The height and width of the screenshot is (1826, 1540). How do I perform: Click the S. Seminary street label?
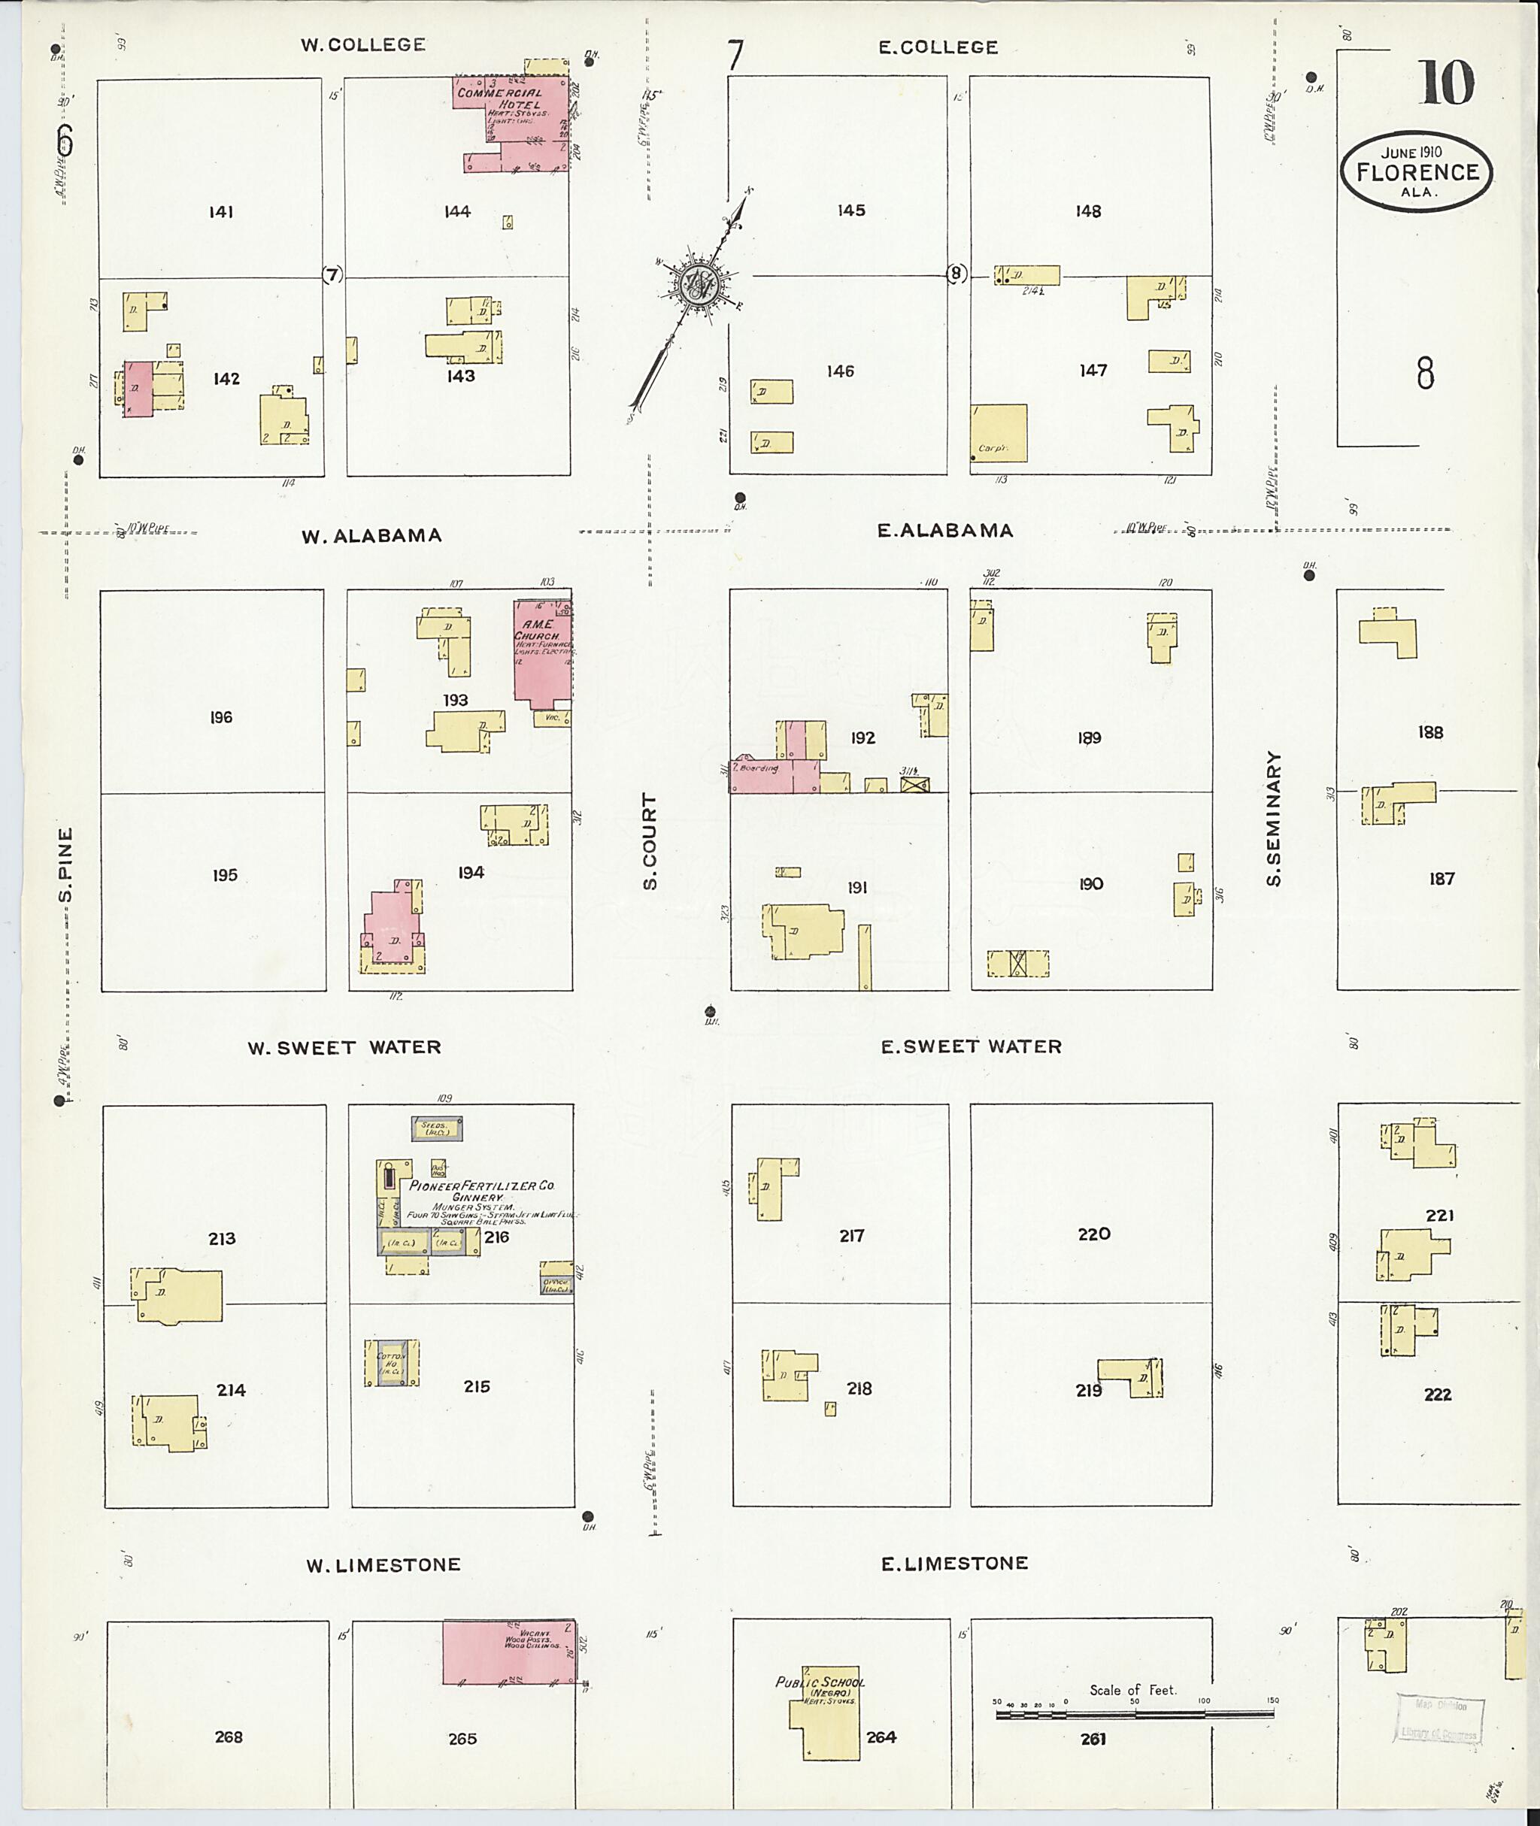1274,819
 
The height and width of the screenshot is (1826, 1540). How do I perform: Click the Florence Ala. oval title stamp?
1417,173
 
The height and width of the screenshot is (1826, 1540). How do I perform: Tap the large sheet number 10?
1446,83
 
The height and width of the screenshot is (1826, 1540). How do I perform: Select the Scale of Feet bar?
1134,1714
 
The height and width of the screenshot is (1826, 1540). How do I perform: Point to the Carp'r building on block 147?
999,432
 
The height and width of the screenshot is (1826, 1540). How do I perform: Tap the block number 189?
1089,738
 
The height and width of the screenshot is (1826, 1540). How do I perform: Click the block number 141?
221,211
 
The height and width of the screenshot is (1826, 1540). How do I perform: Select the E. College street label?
938,47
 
